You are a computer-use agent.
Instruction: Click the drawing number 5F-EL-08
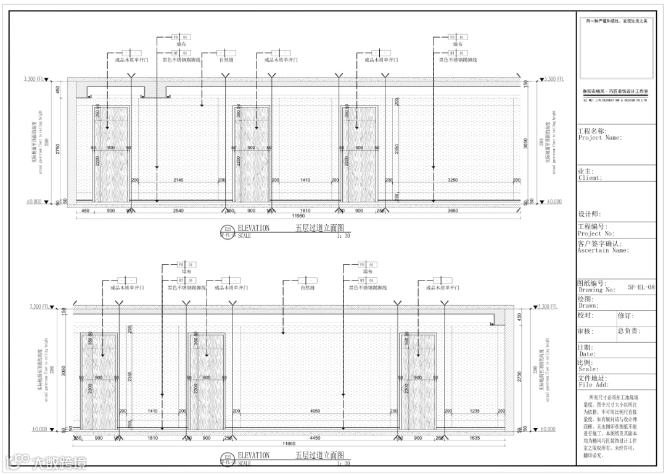[x=641, y=287]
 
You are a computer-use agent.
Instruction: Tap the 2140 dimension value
[x=178, y=180]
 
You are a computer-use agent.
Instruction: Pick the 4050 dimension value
[x=315, y=411]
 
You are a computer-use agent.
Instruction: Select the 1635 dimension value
[x=474, y=439]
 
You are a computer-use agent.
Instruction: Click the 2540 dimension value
[x=178, y=211]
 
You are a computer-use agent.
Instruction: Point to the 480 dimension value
[x=85, y=211]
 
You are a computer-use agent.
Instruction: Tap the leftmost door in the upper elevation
[x=111, y=154]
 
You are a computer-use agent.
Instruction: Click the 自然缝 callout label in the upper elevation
[x=226, y=60]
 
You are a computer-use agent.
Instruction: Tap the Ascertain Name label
[x=602, y=251]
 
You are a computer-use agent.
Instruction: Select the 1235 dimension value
[x=474, y=411]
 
